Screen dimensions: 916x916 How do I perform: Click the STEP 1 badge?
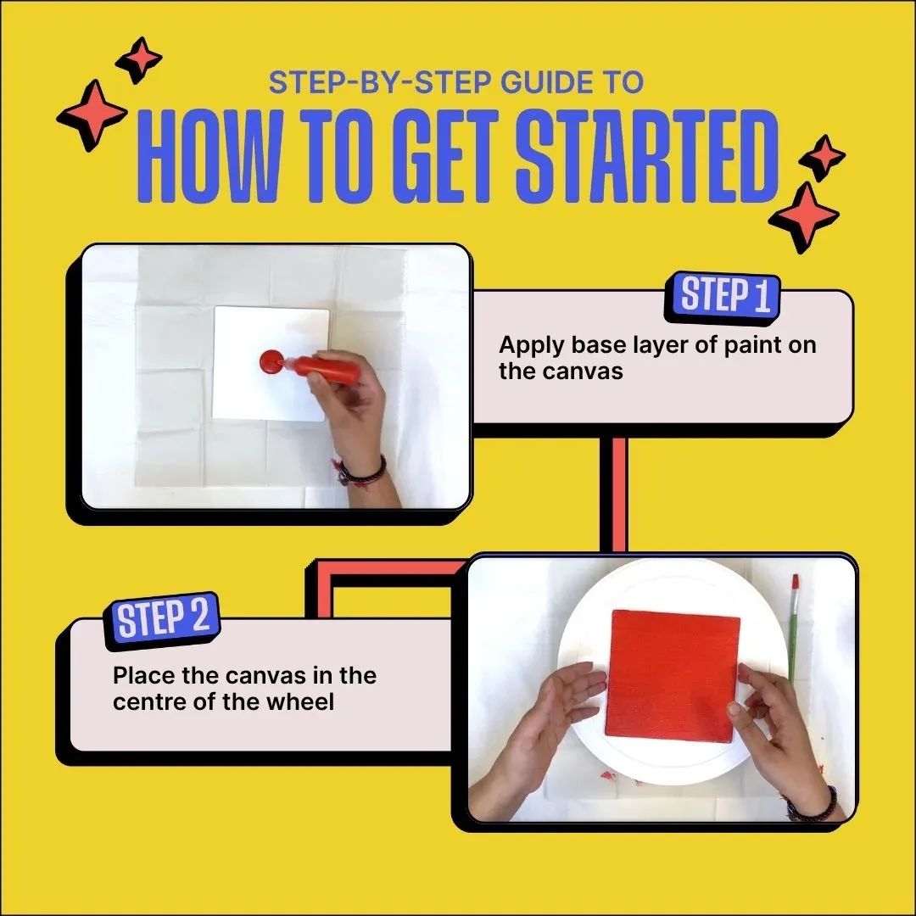tap(722, 297)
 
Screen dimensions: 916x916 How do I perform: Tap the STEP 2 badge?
tap(162, 620)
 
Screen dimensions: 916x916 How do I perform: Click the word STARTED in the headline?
tap(646, 157)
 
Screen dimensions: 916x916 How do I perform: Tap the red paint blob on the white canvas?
tap(271, 362)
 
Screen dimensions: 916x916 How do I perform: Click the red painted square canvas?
tap(672, 676)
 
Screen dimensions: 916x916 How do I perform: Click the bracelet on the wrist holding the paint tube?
tap(362, 472)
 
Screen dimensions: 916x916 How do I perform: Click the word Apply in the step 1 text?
tap(532, 346)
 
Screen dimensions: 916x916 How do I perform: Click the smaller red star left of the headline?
tap(139, 59)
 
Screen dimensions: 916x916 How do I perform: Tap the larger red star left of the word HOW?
tap(92, 115)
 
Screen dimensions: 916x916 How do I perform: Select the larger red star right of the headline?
tap(804, 217)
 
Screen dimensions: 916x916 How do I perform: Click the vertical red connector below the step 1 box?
tap(619, 494)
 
